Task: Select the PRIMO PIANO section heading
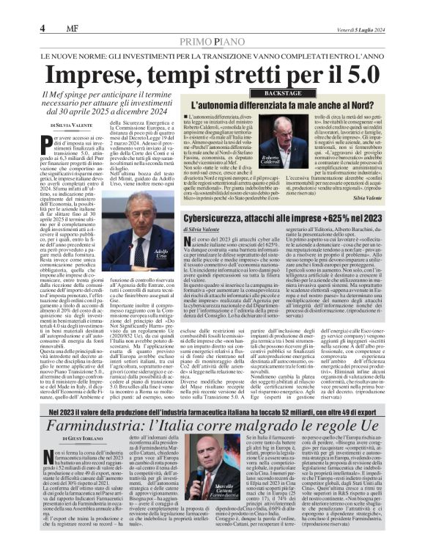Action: click(212, 24)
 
